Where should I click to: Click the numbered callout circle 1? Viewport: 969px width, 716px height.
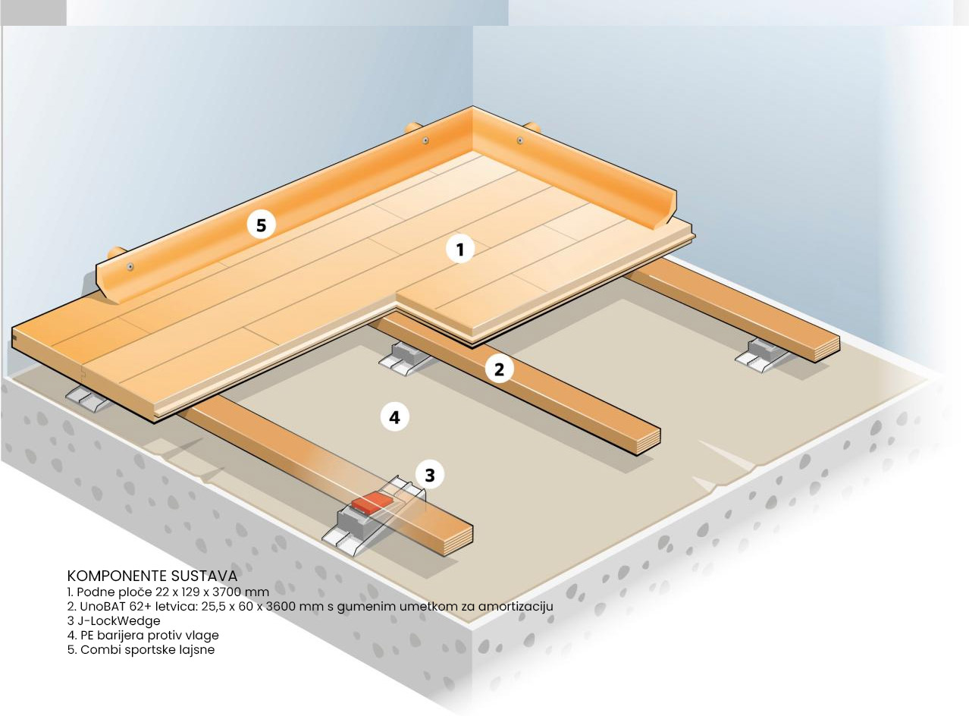[459, 249]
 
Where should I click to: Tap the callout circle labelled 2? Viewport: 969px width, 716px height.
[499, 369]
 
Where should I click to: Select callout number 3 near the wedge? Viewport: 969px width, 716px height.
[430, 475]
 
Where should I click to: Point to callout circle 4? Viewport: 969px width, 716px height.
[394, 417]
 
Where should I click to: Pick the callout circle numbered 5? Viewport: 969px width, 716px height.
[261, 225]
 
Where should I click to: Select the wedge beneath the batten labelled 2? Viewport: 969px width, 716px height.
[404, 358]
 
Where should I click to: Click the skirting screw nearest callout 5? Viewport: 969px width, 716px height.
[130, 267]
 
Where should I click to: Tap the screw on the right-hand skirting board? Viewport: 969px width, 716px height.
[520, 140]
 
